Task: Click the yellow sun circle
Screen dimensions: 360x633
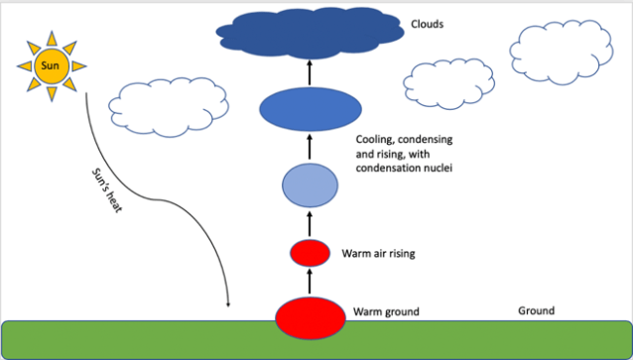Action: tap(49, 66)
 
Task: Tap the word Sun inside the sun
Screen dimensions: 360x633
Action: tap(49, 66)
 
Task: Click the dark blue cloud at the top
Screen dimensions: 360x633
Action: tap(312, 34)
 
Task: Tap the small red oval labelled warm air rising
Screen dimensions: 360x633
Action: tap(310, 253)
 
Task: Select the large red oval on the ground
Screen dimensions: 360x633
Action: tap(309, 317)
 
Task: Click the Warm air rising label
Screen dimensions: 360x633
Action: tap(377, 255)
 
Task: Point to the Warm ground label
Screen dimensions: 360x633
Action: tap(386, 312)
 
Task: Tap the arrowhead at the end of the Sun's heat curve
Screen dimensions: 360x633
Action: tap(229, 303)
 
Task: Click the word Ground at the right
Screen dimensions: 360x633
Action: tap(536, 310)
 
